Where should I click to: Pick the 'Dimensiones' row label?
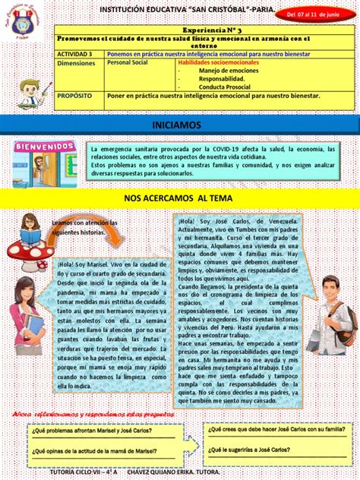77,64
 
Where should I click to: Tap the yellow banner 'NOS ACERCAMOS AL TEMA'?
179,197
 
